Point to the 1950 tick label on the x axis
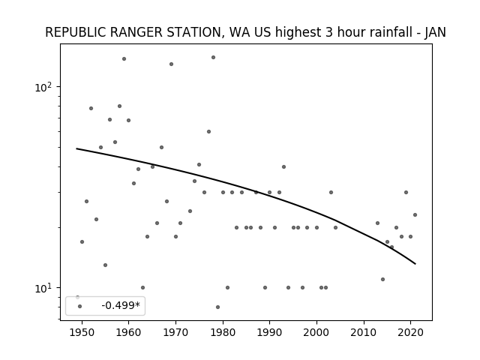(x=82, y=332)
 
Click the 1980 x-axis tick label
(x=223, y=332)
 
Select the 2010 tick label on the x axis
(x=364, y=332)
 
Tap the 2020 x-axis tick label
(x=410, y=332)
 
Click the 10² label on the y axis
(x=43, y=87)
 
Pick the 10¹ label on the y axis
(x=43, y=288)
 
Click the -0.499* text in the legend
(x=121, y=305)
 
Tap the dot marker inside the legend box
(x=80, y=306)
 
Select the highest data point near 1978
(x=213, y=57)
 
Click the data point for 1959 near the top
(x=124, y=58)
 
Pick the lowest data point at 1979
(x=217, y=307)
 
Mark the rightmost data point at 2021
(x=415, y=215)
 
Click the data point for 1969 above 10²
(x=171, y=64)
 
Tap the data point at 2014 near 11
(x=382, y=279)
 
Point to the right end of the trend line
(x=415, y=264)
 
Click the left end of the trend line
(x=76, y=148)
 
